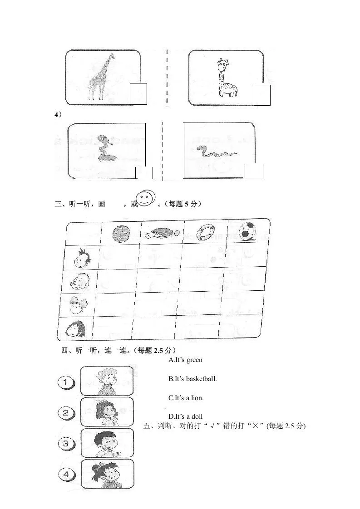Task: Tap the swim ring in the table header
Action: point(207,232)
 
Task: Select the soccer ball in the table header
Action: point(247,231)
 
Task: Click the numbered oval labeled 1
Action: point(66,382)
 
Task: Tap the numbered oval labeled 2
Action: point(66,412)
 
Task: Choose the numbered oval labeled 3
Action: point(66,443)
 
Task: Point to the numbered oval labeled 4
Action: point(66,475)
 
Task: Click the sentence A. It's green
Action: point(185,360)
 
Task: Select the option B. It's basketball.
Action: point(192,378)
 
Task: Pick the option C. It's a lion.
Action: point(186,398)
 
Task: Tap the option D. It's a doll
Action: point(185,416)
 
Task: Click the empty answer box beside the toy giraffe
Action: point(262,95)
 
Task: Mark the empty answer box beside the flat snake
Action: point(254,171)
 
